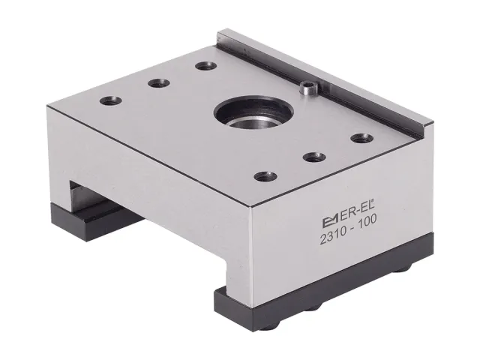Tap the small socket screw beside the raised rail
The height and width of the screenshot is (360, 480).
309,88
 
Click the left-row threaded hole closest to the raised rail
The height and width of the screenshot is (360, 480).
206,66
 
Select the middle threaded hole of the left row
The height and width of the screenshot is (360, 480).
159,83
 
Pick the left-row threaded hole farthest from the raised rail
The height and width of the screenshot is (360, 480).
111,101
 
